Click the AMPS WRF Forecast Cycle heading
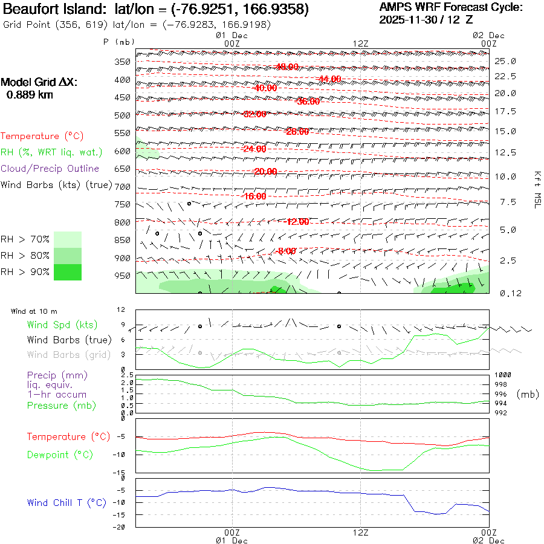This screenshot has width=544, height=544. (x=450, y=7)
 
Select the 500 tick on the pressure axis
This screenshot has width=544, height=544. (x=123, y=115)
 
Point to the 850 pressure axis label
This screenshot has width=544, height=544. (x=123, y=240)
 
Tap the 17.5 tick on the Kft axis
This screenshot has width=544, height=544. (x=505, y=111)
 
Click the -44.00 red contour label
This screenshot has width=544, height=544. (x=329, y=79)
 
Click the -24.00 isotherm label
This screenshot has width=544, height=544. (x=254, y=149)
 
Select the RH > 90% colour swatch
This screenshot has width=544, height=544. (x=68, y=272)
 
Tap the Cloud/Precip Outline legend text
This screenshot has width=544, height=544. (x=50, y=169)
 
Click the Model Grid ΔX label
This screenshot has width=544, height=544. (x=39, y=83)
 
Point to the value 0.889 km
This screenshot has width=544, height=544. (x=30, y=94)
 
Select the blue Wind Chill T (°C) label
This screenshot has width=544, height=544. (x=66, y=502)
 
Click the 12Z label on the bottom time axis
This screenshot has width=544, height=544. (x=360, y=532)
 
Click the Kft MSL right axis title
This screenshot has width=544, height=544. (x=536, y=189)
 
